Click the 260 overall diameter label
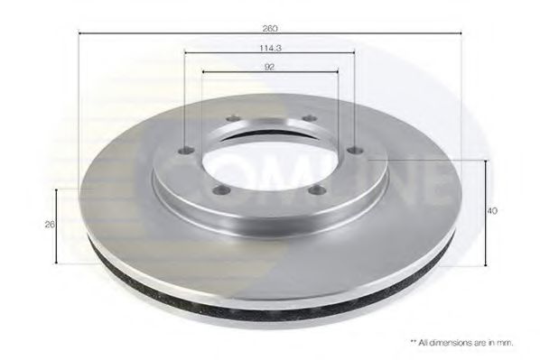pyautogui.click(x=270, y=28)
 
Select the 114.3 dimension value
pyautogui.click(x=270, y=48)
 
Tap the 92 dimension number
pyautogui.click(x=270, y=67)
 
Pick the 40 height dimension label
pyautogui.click(x=492, y=210)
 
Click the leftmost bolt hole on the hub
pyautogui.click(x=185, y=151)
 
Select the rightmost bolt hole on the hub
pyautogui.click(x=355, y=150)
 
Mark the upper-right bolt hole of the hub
pyautogui.click(x=307, y=118)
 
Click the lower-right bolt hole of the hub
pyautogui.click(x=318, y=189)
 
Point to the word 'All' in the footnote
pyautogui.click(x=428, y=342)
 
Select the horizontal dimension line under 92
pyautogui.click(x=235, y=73)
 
